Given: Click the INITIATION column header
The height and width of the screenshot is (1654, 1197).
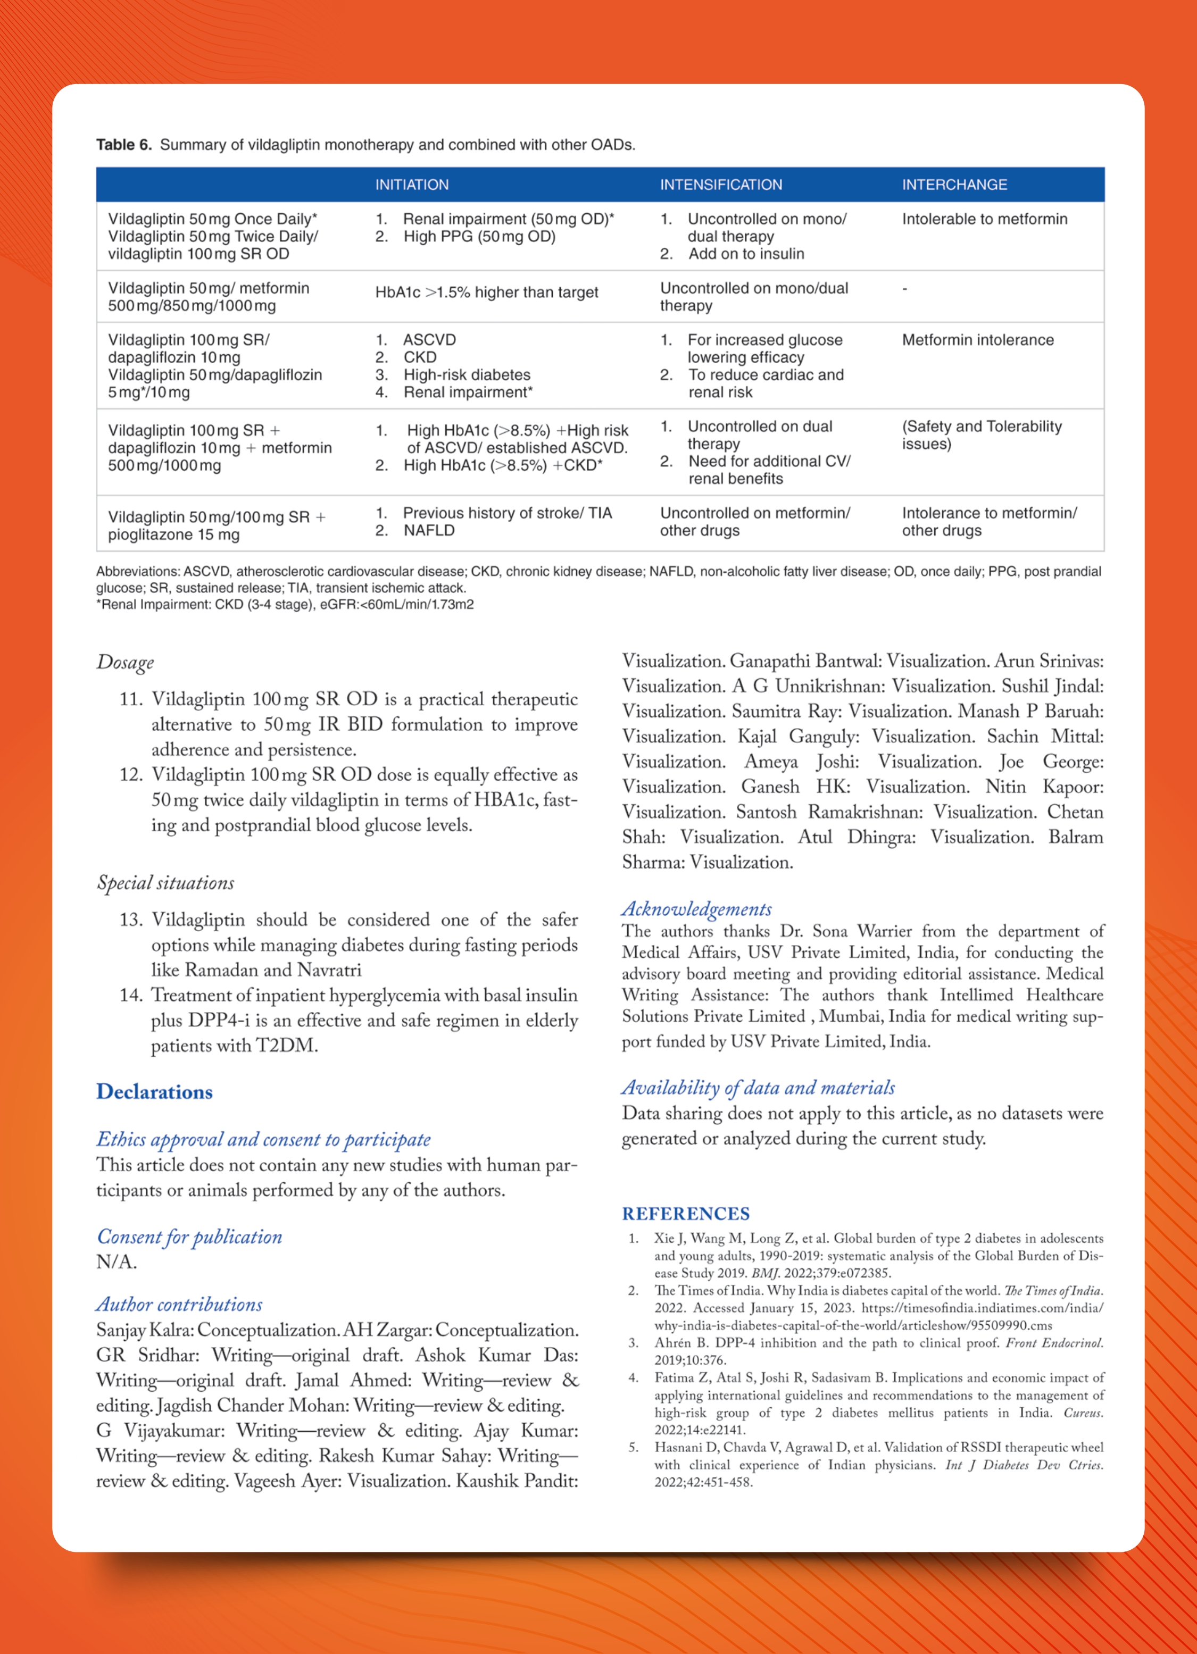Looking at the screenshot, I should click(411, 185).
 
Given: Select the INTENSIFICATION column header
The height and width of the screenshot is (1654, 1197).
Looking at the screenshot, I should click(721, 185).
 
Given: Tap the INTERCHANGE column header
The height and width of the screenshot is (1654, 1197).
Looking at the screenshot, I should click(954, 185).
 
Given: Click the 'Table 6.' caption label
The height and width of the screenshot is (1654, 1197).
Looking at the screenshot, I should click(124, 145).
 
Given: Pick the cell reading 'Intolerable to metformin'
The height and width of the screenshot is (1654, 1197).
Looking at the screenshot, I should click(984, 219).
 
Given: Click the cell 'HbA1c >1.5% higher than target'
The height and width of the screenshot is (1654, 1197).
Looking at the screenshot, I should click(487, 293).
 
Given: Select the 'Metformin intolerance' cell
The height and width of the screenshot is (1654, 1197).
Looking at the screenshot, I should click(977, 340).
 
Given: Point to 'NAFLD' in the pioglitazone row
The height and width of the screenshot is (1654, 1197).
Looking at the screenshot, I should click(429, 530).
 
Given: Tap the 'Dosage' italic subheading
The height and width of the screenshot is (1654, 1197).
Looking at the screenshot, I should click(126, 662).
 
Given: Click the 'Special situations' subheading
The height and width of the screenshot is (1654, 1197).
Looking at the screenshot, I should click(165, 883).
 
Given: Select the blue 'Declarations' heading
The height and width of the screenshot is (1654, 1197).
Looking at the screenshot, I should click(155, 1092).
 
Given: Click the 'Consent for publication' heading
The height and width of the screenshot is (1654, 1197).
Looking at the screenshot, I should click(189, 1237).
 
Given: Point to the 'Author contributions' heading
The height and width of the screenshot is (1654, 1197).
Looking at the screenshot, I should click(179, 1305).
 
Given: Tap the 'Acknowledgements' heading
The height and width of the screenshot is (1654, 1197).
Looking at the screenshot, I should click(696, 909).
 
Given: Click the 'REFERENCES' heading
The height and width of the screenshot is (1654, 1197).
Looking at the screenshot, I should click(686, 1214).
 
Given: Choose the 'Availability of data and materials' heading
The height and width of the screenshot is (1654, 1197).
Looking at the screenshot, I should click(758, 1088).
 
